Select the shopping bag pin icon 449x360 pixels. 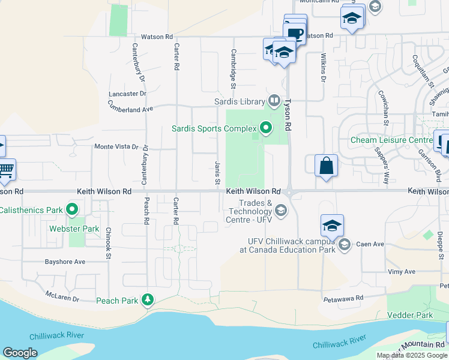(326, 166)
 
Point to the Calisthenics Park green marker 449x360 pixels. (73, 210)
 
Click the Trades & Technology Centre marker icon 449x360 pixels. (280, 210)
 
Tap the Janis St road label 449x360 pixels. (217, 172)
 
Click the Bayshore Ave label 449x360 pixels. (65, 262)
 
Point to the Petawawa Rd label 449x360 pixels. (343, 298)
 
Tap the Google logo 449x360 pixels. (20, 353)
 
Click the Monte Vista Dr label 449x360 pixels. (116, 146)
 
